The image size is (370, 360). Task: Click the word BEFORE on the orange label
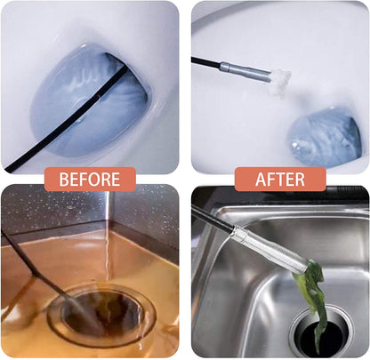click(x=90, y=180)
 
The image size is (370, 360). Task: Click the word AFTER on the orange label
click(x=280, y=180)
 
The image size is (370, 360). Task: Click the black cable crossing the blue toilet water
click(x=68, y=117)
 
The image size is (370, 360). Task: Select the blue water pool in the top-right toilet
click(x=325, y=138)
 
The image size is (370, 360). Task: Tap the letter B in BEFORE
click(x=64, y=180)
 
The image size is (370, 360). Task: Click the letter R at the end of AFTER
click(x=300, y=180)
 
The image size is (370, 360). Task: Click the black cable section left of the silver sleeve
click(x=206, y=62)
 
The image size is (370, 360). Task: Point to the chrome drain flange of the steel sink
click(x=322, y=332)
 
